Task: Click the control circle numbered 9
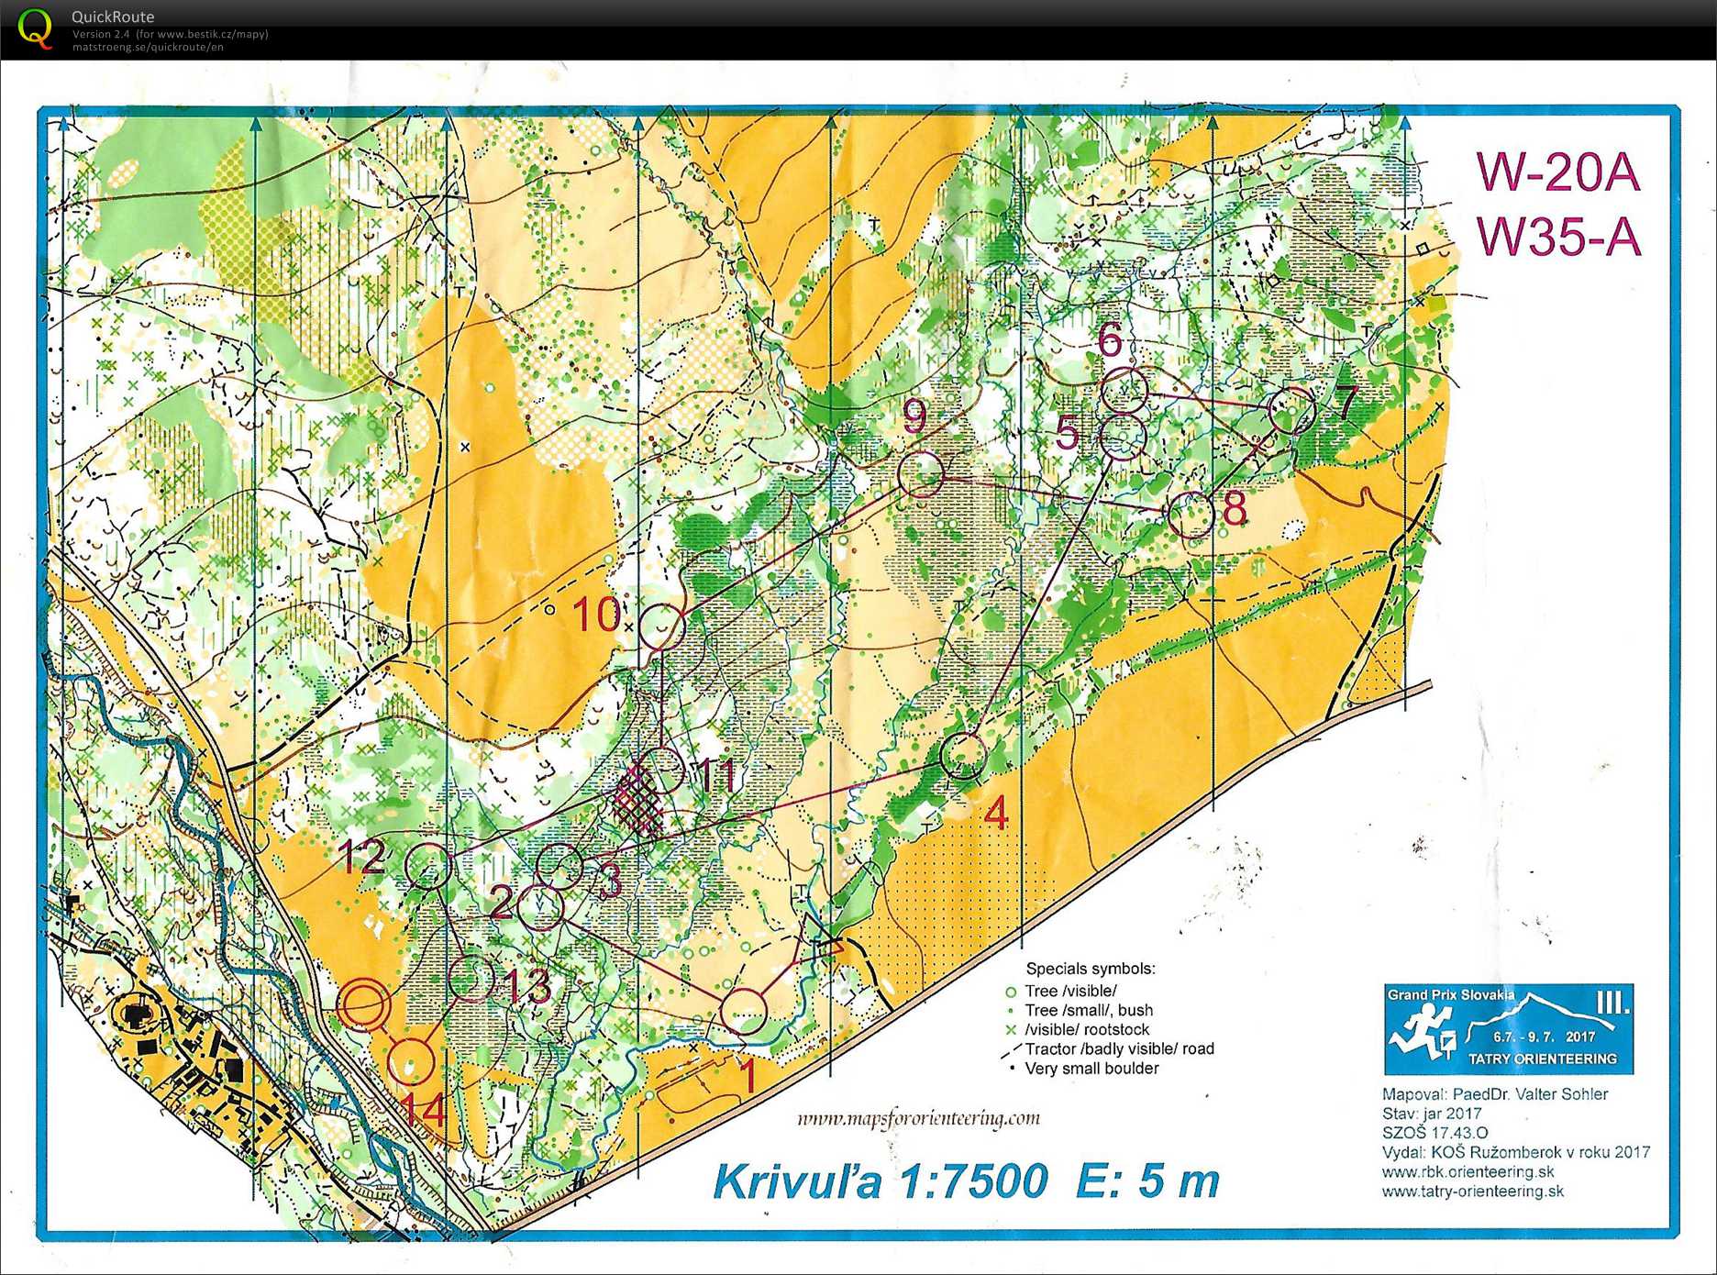921,474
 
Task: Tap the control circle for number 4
963,757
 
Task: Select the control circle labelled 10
661,627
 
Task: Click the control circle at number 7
1291,410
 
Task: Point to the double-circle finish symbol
363,1005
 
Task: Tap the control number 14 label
424,1109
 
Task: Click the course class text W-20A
1557,172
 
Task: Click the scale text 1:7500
974,1181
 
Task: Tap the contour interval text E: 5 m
1148,1181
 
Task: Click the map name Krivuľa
797,1181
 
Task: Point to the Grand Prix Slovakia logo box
1508,1029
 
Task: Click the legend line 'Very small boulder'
1091,1069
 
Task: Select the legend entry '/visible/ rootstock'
1086,1030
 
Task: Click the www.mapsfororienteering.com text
918,1118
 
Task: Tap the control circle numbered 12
428,866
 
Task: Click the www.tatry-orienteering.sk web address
1472,1192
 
